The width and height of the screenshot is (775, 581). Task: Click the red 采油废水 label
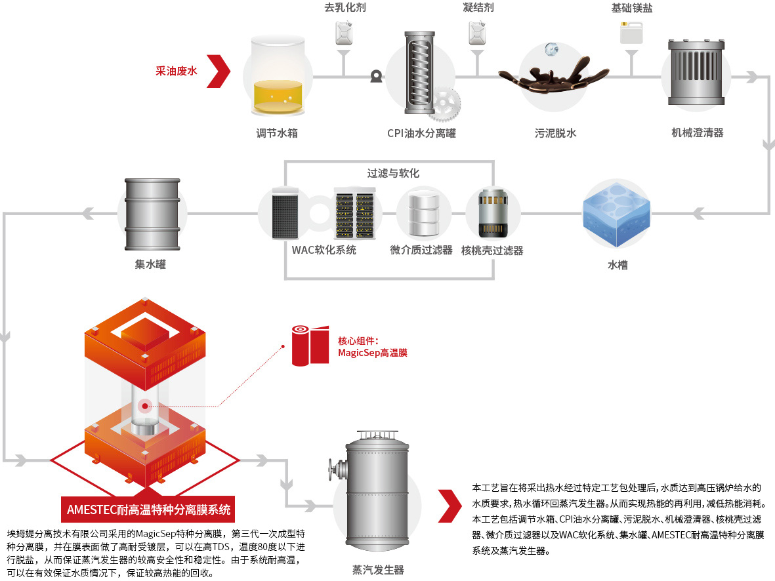coord(177,71)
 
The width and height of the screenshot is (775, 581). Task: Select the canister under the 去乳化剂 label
coord(344,33)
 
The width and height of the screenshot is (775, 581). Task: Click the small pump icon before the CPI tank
coord(376,76)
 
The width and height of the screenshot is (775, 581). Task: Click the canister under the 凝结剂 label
coord(477,33)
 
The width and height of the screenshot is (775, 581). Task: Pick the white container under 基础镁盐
coord(632,33)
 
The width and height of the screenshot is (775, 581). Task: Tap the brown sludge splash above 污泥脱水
coord(554,77)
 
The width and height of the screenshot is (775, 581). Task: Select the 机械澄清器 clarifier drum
coord(696,72)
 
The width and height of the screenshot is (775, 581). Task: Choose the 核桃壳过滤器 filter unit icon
coord(493,213)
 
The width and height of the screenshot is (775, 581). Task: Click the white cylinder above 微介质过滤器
coord(424,213)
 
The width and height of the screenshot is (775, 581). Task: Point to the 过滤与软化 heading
coord(393,173)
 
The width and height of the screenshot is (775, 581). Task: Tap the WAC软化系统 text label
coord(324,250)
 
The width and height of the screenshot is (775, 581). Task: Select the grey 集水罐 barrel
coord(152,214)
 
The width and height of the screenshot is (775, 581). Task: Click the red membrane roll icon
coord(310,346)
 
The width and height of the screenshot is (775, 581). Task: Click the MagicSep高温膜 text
coord(373,353)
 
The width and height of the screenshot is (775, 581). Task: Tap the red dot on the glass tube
coord(145,406)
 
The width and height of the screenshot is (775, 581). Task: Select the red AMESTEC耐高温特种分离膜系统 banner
coord(148,510)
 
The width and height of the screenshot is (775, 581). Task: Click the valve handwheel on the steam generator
coord(331,470)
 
